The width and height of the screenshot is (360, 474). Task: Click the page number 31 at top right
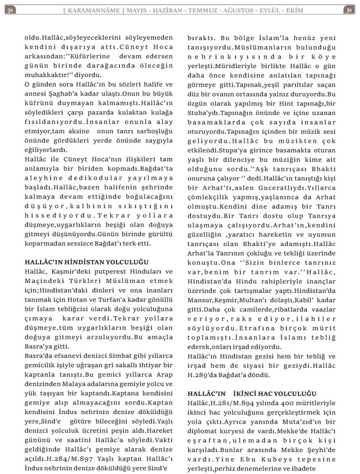coord(349,10)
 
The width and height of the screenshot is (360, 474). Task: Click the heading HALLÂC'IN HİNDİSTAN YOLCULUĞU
coord(86,262)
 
